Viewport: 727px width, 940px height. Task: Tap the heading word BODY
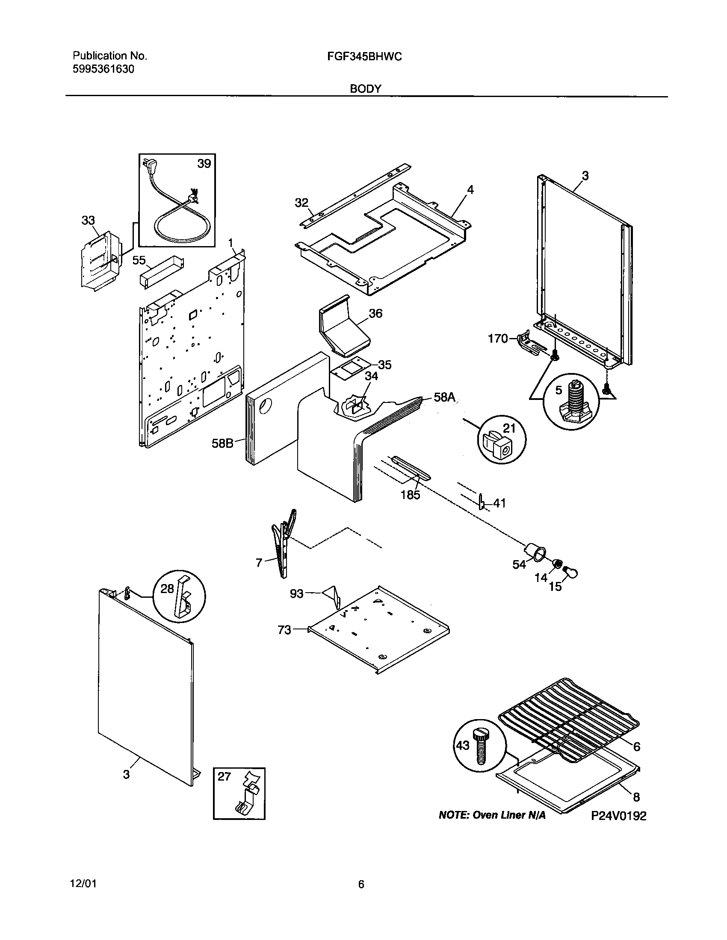[x=365, y=89]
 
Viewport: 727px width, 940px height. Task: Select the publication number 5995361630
[x=103, y=69]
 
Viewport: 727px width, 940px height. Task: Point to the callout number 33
[x=88, y=220]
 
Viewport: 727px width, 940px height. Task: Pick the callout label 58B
[x=222, y=443]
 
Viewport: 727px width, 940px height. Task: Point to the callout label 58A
[x=444, y=397]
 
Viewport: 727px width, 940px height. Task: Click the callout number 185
[x=410, y=495]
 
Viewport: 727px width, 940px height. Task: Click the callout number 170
[x=498, y=339]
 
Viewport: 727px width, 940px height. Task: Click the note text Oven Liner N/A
[x=492, y=815]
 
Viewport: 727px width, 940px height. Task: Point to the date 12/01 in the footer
[x=83, y=884]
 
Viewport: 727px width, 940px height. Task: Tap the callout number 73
[x=285, y=630]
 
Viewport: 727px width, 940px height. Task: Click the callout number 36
[x=375, y=313]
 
